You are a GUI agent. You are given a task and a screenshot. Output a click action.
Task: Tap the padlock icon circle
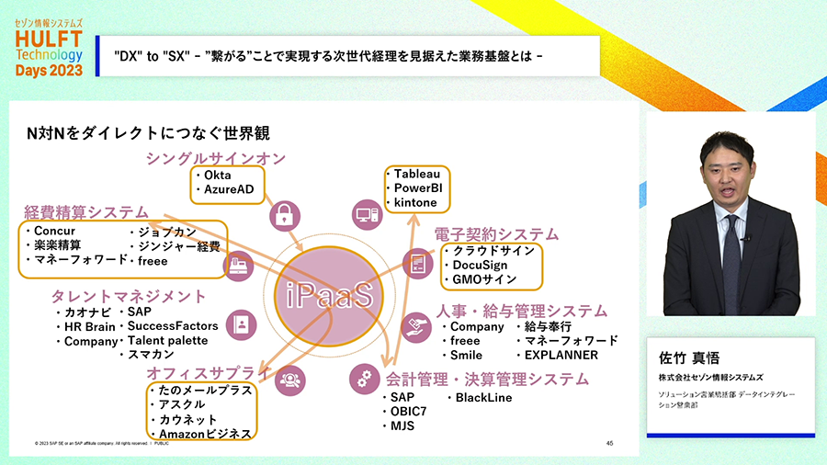(x=284, y=215)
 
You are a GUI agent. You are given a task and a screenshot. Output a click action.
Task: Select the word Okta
(x=218, y=175)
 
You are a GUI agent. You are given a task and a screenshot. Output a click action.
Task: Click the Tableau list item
(x=416, y=174)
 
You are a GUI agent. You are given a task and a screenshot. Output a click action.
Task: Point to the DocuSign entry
(x=480, y=265)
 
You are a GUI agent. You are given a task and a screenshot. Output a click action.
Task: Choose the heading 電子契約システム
(x=496, y=233)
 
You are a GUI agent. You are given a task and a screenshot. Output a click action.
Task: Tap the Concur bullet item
(x=54, y=231)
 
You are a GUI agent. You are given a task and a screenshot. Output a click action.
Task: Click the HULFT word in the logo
(x=50, y=39)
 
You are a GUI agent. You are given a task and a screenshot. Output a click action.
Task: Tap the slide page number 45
(x=609, y=443)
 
